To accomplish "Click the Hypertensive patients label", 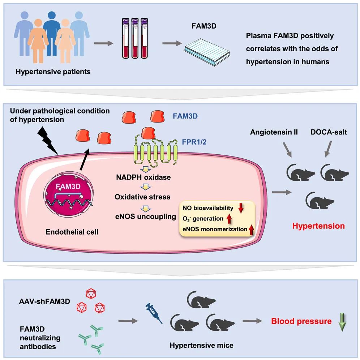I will pos(53,72).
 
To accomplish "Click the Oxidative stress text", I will pos(142,197).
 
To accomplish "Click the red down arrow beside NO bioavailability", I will pos(241,208).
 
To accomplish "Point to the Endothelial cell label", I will pos(72,231).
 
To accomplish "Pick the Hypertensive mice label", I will pos(201,345).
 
